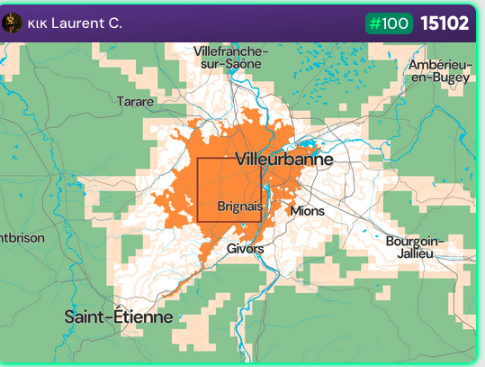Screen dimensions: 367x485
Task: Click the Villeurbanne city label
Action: [283, 160]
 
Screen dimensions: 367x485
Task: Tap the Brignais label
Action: [239, 206]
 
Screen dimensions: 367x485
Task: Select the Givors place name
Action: [246, 248]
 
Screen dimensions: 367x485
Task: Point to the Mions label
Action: [307, 211]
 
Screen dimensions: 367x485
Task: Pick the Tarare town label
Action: [135, 101]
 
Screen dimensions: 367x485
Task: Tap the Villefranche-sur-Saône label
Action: [230, 58]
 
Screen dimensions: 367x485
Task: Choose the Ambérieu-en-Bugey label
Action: [439, 71]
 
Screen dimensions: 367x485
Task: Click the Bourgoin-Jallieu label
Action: [415, 247]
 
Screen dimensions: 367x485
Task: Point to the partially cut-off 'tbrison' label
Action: [15, 238]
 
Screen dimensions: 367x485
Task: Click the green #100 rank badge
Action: [389, 23]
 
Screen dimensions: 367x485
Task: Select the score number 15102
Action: [445, 23]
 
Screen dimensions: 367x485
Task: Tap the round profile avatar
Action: [12, 23]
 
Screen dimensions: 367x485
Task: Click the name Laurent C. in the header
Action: [86, 23]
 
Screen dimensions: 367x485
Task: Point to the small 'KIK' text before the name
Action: [38, 23]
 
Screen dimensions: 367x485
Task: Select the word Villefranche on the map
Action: [230, 51]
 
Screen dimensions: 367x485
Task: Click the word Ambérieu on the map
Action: [439, 65]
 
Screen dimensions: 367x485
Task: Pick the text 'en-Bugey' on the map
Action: [440, 78]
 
